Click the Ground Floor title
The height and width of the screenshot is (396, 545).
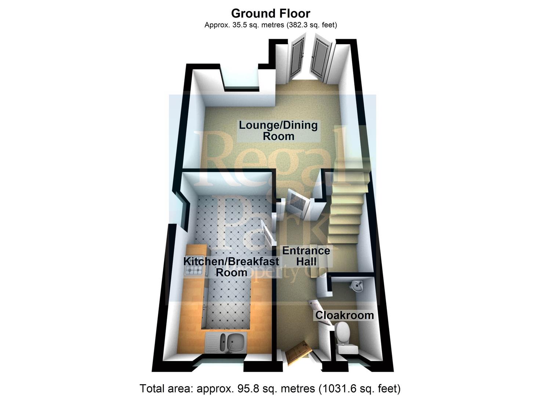pos(270,14)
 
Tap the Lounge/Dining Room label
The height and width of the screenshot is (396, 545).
pos(278,131)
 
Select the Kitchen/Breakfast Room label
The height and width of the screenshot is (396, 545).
pos(231,267)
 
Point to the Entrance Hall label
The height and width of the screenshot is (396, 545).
pos(306,256)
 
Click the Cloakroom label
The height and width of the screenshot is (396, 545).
pos(344,315)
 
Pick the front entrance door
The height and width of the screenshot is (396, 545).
pos(297,352)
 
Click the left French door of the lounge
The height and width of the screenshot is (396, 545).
pos(297,59)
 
